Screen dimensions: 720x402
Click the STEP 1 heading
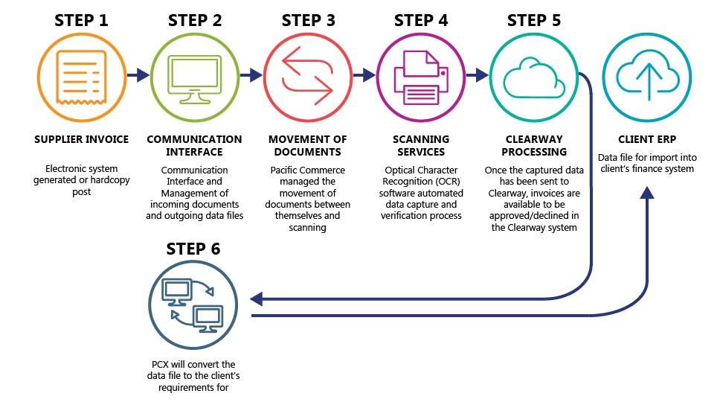(81, 20)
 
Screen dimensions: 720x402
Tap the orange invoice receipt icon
(81, 77)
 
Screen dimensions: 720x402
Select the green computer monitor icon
(195, 79)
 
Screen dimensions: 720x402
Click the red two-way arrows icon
(308, 76)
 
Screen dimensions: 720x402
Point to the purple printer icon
(421, 77)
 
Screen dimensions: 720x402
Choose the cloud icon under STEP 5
(534, 77)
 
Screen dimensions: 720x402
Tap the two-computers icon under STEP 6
(193, 305)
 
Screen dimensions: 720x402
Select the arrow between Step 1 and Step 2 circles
(138, 74)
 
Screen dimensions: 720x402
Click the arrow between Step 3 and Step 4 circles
(364, 74)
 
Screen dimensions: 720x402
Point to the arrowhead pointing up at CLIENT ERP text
(647, 193)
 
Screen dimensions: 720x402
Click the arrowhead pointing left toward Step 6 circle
(256, 299)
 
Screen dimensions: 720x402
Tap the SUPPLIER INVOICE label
(81, 139)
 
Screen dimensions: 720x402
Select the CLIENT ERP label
(647, 139)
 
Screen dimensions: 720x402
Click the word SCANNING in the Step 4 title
(421, 139)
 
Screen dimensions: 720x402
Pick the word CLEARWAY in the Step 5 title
(534, 139)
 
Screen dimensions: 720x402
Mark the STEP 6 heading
(193, 249)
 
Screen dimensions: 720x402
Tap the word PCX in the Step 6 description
(160, 364)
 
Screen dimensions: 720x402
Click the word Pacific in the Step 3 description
(284, 170)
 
